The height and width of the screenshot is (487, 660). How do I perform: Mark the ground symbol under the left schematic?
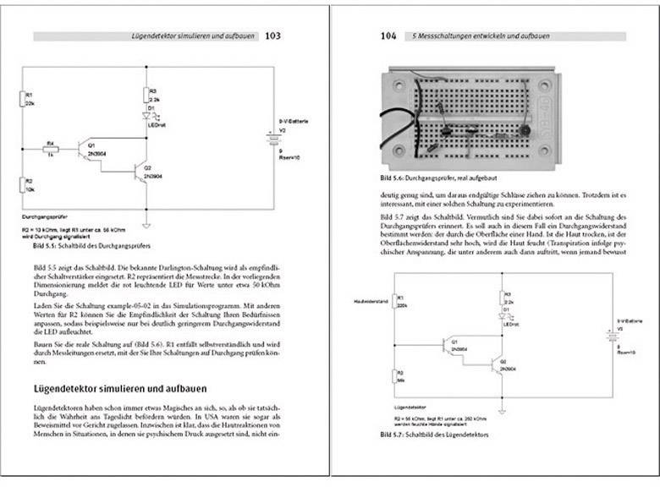pyautogui.click(x=148, y=222)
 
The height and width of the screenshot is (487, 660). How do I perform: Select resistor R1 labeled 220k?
pyautogui.click(x=395, y=308)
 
